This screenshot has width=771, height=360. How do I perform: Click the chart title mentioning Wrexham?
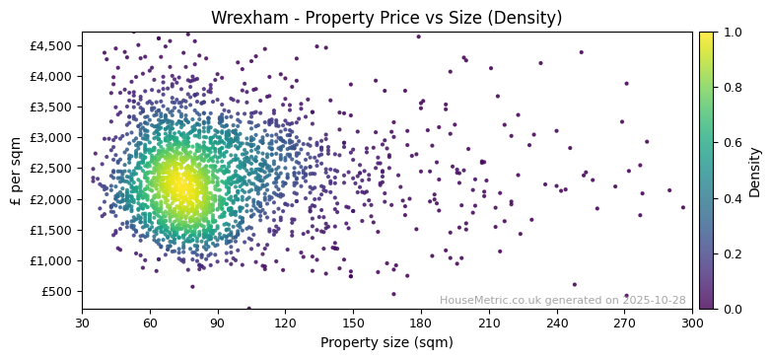click(x=385, y=18)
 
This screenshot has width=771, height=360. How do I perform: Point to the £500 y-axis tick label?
click(x=56, y=292)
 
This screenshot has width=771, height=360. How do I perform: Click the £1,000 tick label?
click(x=52, y=261)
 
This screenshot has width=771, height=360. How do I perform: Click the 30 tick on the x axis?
click(x=82, y=323)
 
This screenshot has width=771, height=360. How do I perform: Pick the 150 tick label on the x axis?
click(x=353, y=323)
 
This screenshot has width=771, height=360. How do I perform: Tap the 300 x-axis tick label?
click(x=692, y=323)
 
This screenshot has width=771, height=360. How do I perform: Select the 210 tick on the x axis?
click(x=489, y=323)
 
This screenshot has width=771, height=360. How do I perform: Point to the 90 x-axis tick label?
click(x=218, y=323)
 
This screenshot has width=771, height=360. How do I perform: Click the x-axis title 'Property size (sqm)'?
click(x=386, y=342)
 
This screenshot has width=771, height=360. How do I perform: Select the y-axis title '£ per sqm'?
click(x=16, y=171)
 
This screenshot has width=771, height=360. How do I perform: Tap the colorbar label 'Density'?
click(x=754, y=171)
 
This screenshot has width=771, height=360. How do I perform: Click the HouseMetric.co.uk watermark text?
click(x=562, y=300)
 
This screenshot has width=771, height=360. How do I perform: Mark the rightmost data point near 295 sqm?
click(x=682, y=207)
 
